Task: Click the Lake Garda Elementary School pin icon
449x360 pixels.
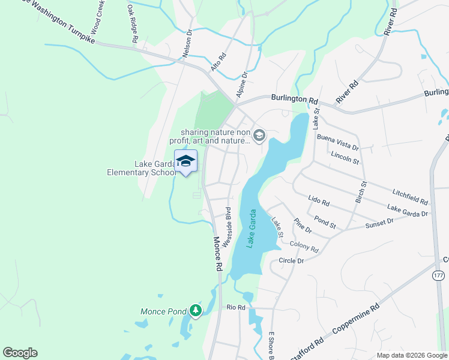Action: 185,161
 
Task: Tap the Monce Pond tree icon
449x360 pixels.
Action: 194,310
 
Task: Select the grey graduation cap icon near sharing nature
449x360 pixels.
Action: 259,136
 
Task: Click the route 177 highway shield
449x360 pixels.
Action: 438,274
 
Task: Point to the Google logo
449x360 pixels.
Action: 20,353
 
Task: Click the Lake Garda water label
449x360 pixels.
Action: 253,229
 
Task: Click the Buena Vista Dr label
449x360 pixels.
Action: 337,142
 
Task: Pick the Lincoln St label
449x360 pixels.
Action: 345,158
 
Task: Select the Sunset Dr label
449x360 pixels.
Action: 379,224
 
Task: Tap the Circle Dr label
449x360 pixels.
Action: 292,261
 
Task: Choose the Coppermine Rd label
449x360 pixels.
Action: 359,322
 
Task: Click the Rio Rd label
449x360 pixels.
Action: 236,307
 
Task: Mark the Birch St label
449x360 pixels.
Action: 360,191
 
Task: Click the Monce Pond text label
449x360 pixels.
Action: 163,311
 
